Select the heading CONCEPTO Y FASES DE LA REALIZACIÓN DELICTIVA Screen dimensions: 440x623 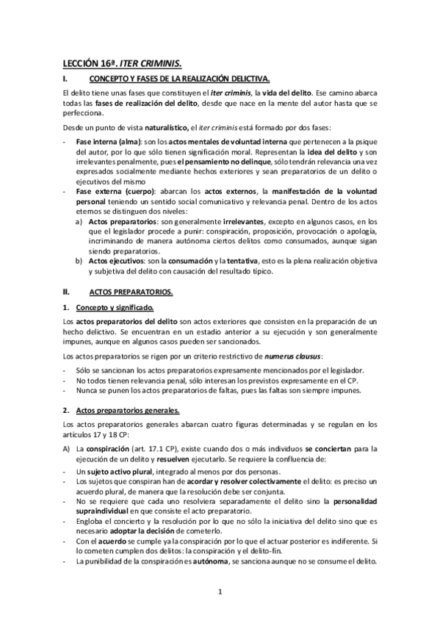pos(180,78)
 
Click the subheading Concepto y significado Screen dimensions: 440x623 pos(117,307)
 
